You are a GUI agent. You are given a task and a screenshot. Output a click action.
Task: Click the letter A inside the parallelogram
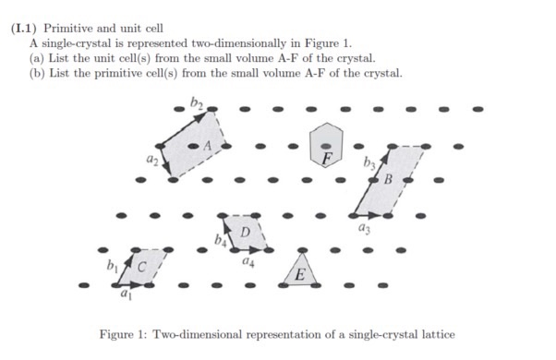pyautogui.click(x=208, y=145)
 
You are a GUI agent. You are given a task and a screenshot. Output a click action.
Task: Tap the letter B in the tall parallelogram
pyautogui.click(x=389, y=178)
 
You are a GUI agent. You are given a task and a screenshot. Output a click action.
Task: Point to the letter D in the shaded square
pyautogui.click(x=245, y=231)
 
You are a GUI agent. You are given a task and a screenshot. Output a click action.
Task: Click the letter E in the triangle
pyautogui.click(x=300, y=276)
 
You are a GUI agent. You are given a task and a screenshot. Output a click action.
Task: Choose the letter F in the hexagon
pyautogui.click(x=325, y=156)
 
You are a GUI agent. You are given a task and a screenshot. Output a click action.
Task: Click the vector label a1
pyautogui.click(x=123, y=296)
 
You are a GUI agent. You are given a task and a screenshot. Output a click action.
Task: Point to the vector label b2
pyautogui.click(x=196, y=102)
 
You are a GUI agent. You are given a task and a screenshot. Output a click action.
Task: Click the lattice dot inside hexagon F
pyautogui.click(x=323, y=146)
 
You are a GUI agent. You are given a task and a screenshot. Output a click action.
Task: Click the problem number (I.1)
pyautogui.click(x=25, y=28)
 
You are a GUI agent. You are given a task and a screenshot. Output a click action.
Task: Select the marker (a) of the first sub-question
pyautogui.click(x=38, y=57)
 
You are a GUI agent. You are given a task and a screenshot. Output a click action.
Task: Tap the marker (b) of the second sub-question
pyautogui.click(x=38, y=72)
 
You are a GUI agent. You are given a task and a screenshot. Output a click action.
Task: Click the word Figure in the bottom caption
pyautogui.click(x=119, y=333)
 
